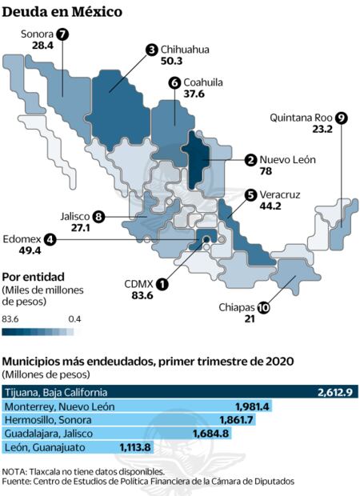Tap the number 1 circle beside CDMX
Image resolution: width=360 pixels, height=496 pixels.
tap(162, 283)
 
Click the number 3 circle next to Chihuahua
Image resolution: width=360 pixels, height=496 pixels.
tap(151, 50)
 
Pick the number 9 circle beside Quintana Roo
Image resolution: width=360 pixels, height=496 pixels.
tap(342, 117)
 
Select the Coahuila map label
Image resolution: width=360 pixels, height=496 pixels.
tap(203, 82)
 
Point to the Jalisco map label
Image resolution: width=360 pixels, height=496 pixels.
tap(74, 216)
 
